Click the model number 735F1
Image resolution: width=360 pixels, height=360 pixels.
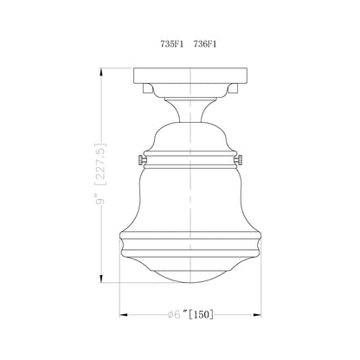tap(160, 41)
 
